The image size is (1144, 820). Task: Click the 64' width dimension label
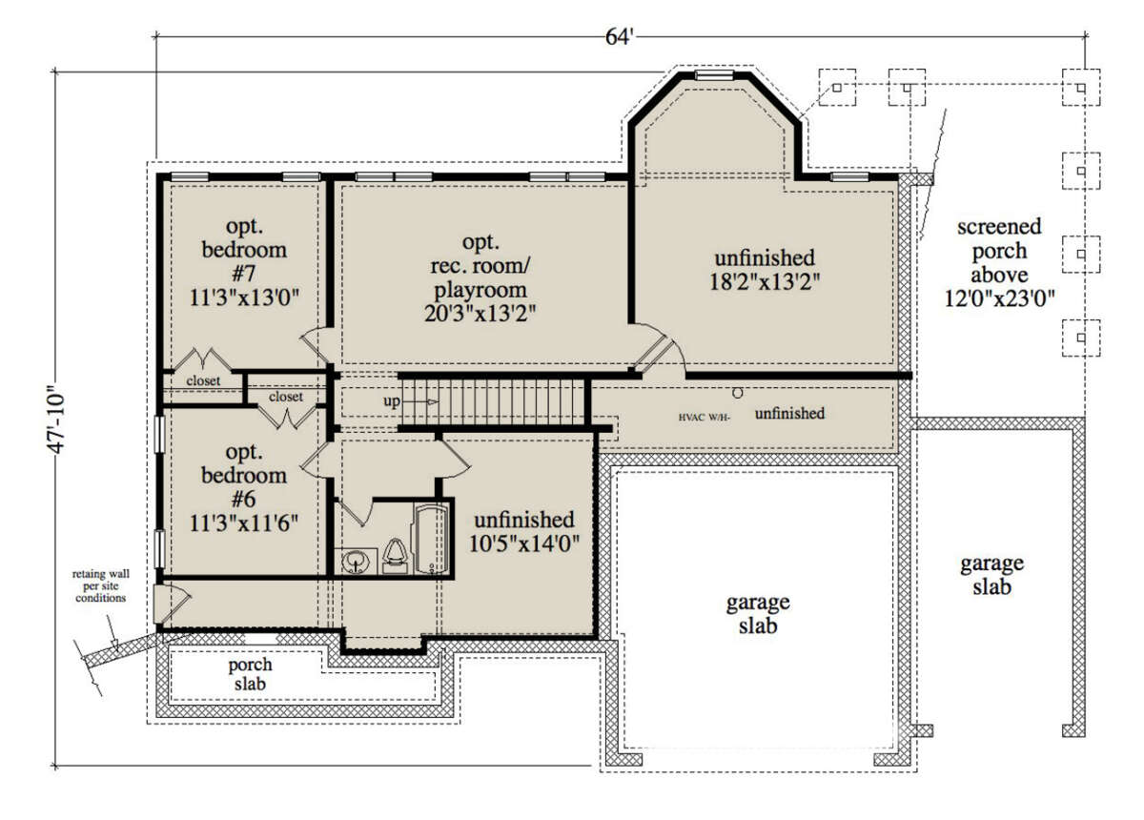619,36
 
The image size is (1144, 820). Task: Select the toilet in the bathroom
395,557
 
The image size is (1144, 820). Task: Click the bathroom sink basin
356,562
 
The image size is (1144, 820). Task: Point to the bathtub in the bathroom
432,540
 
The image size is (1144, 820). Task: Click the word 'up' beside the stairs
392,401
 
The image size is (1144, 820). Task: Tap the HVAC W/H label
705,418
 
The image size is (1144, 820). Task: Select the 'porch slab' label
250,674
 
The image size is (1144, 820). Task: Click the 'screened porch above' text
999,251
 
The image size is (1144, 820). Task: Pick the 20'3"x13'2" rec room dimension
480,313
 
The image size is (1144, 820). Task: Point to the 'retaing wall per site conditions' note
101,586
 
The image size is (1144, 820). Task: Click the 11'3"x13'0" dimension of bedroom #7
244,297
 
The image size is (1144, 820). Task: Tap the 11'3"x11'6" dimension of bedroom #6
244,523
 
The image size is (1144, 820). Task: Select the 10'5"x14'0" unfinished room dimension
524,544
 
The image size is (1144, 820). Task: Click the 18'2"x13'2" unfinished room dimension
765,282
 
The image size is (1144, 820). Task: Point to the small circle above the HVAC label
738,394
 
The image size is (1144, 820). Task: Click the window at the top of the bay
714,75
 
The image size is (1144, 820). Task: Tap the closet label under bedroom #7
203,380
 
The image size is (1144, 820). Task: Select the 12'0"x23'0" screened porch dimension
999,298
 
